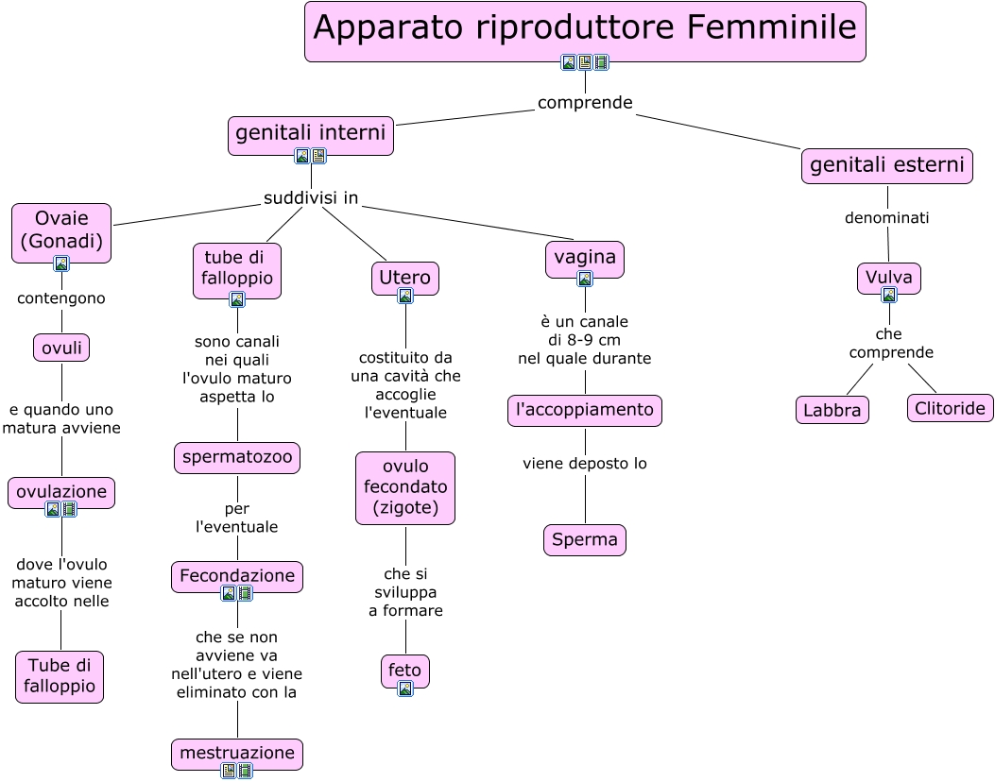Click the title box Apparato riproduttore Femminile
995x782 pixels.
click(585, 28)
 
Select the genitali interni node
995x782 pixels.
click(311, 133)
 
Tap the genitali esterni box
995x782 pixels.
click(887, 166)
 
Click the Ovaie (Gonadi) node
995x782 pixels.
click(61, 230)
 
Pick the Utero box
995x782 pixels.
click(405, 278)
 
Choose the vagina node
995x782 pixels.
click(585, 257)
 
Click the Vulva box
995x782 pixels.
click(889, 278)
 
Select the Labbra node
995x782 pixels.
click(832, 410)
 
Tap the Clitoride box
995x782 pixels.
click(951, 408)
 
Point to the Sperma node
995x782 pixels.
click(585, 540)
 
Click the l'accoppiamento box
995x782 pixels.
click(585, 410)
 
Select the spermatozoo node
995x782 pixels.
click(237, 458)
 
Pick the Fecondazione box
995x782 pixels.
click(237, 575)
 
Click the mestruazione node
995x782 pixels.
click(237, 753)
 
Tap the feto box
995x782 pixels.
click(405, 670)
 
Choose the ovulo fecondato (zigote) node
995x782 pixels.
click(405, 487)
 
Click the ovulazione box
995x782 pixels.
click(61, 491)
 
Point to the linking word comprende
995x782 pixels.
click(585, 102)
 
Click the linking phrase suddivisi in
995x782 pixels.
click(311, 198)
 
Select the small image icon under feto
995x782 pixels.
click(405, 688)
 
